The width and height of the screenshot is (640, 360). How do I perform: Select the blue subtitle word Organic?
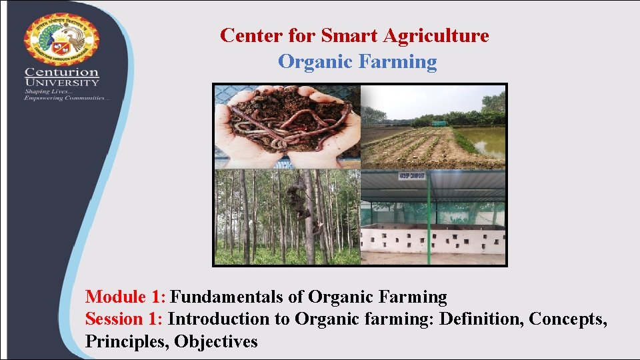click(x=315, y=62)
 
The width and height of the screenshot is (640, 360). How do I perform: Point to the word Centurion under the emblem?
click(x=61, y=72)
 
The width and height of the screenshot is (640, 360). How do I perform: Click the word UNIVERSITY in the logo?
click(x=61, y=82)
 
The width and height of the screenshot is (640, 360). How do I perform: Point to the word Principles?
click(x=127, y=342)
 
